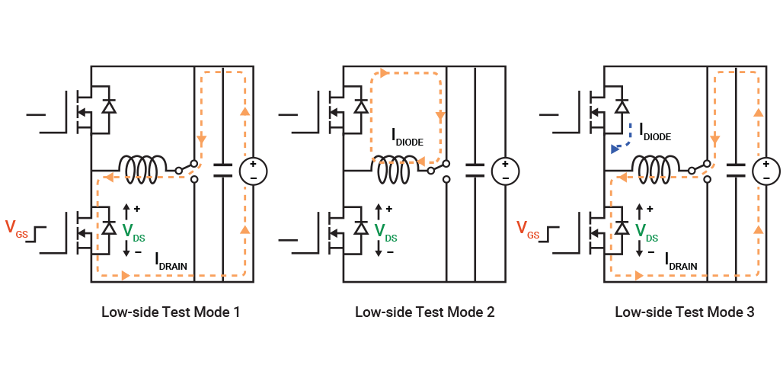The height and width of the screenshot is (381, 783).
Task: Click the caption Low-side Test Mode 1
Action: [x=171, y=312]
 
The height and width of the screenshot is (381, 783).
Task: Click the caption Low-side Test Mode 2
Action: [x=425, y=312]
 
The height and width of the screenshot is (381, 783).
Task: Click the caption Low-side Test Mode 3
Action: [x=684, y=312]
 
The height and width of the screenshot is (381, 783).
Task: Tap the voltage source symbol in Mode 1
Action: [x=254, y=171]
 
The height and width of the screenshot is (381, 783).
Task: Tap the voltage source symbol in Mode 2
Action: [x=504, y=171]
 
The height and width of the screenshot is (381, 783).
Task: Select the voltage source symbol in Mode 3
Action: [x=767, y=171]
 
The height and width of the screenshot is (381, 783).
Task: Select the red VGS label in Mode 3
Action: [x=528, y=228]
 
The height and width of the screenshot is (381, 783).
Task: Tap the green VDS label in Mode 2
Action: [x=385, y=232]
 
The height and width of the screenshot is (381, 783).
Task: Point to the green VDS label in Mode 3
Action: [x=646, y=232]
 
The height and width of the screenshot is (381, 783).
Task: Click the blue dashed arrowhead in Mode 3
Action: [x=615, y=149]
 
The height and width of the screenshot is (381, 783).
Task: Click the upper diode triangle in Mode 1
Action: [x=109, y=107]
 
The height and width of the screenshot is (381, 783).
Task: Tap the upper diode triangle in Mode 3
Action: [x=622, y=107]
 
